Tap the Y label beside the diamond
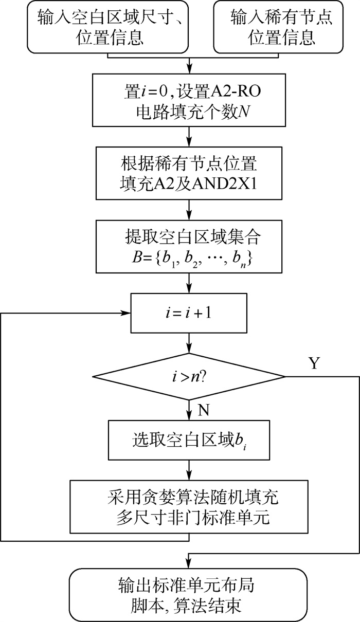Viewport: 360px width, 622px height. (x=314, y=363)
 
